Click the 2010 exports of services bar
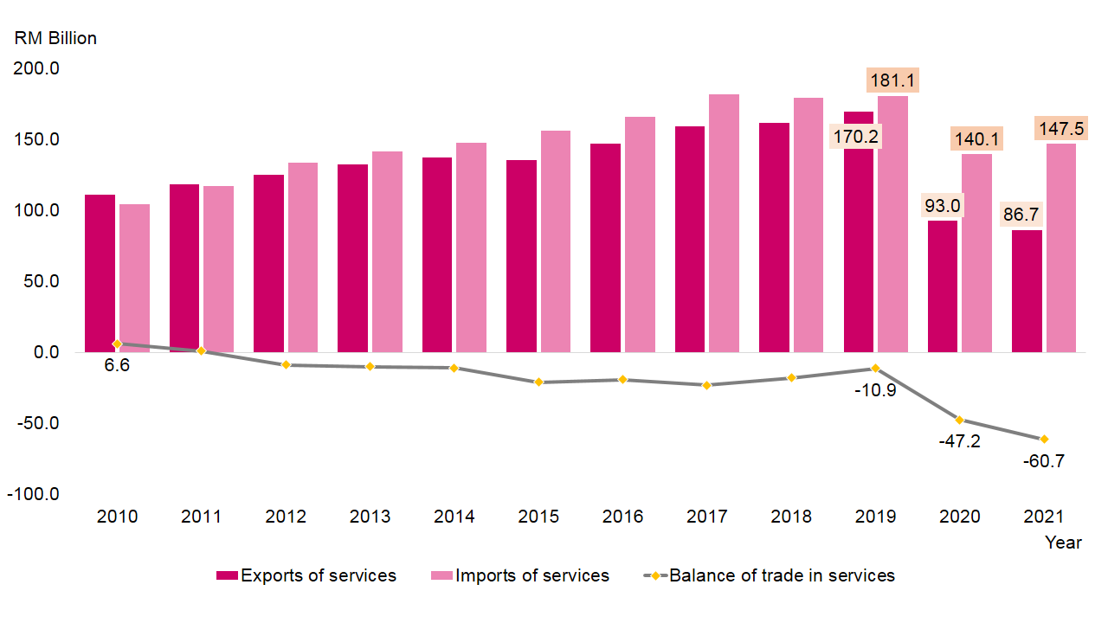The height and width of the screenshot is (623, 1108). [x=100, y=273]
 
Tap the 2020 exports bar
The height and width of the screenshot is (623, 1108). [x=943, y=286]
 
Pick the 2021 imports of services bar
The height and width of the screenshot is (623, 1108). [x=1061, y=247]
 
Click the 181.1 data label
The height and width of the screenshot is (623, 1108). [x=892, y=82]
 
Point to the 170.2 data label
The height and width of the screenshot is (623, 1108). [x=855, y=137]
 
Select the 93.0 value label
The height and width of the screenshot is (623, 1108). [x=943, y=206]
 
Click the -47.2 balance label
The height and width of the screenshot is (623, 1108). [x=960, y=441]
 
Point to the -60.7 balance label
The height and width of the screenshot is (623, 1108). [x=1044, y=461]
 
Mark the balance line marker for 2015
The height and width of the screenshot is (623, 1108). [x=538, y=382]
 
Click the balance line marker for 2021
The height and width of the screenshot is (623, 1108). [x=1044, y=439]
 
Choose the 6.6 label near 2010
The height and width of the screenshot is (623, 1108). [x=117, y=365]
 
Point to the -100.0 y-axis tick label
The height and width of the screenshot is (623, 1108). [x=35, y=494]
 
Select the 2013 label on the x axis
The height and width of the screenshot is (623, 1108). [x=370, y=517]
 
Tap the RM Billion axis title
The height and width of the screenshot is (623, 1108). [x=55, y=38]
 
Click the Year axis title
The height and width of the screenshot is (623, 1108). [x=1062, y=543]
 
